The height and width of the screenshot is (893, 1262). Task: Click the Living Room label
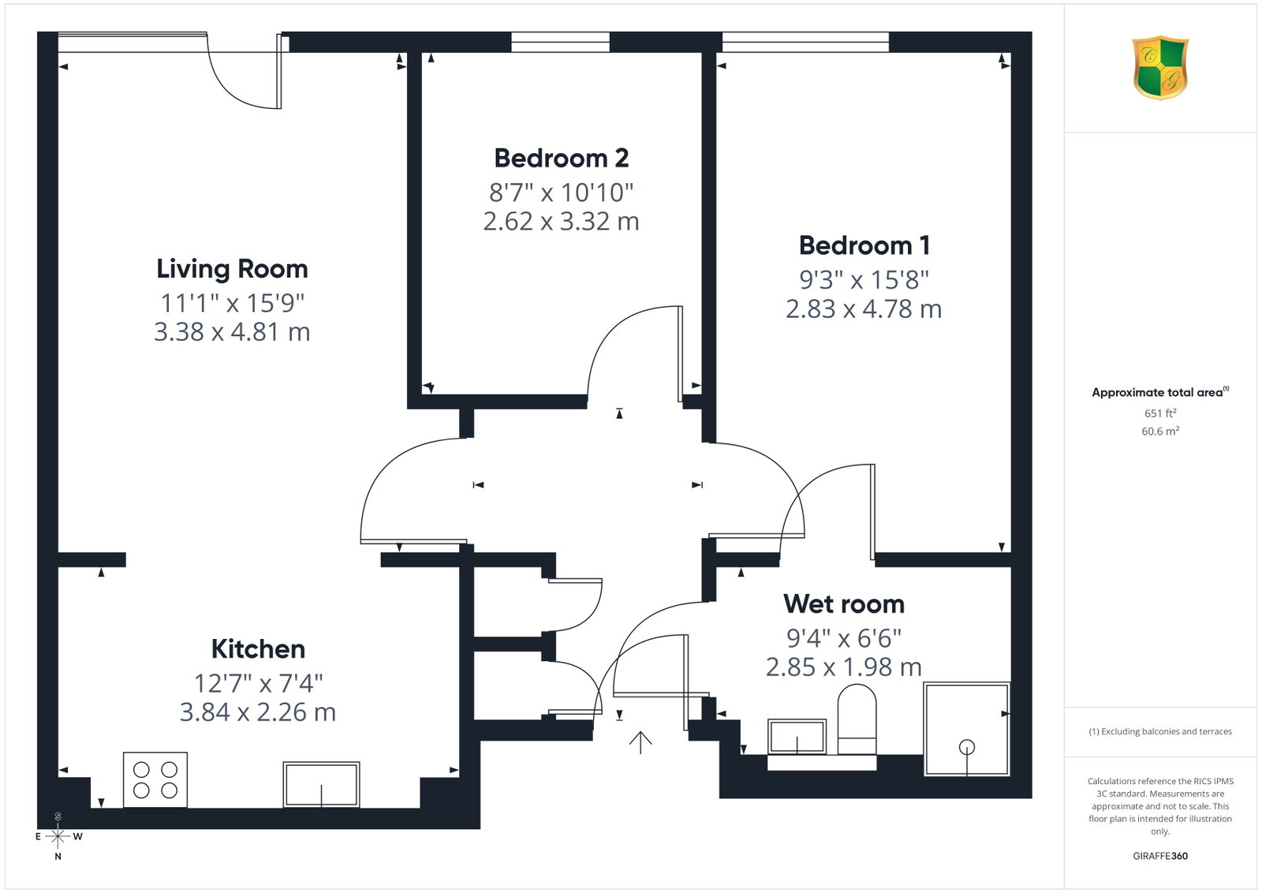pyautogui.click(x=232, y=269)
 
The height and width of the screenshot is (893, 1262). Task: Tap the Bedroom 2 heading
pyautogui.click(x=561, y=159)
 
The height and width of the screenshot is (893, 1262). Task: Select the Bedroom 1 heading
pyautogui.click(x=864, y=245)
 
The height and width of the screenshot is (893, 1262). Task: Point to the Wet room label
pyautogui.click(x=843, y=604)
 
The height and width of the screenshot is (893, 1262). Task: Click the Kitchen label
pyautogui.click(x=258, y=649)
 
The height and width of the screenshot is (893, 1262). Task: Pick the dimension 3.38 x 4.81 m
pyautogui.click(x=232, y=332)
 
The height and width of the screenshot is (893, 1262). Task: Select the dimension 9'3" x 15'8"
pyautogui.click(x=864, y=279)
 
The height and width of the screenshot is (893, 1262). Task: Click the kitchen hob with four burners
pyautogui.click(x=155, y=779)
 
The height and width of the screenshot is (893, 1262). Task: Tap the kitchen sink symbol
pyautogui.click(x=321, y=784)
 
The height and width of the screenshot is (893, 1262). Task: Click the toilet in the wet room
pyautogui.click(x=857, y=719)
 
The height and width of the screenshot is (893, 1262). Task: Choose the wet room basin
pyautogui.click(x=797, y=736)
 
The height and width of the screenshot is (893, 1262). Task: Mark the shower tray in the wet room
pyautogui.click(x=966, y=729)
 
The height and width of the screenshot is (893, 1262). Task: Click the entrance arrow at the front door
pyautogui.click(x=640, y=742)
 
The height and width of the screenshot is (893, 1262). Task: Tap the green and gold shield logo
pyautogui.click(x=1160, y=68)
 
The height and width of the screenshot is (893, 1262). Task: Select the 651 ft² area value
pyautogui.click(x=1160, y=413)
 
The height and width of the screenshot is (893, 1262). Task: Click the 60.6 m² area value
pyautogui.click(x=1160, y=431)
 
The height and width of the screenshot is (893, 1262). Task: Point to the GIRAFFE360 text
pyautogui.click(x=1160, y=856)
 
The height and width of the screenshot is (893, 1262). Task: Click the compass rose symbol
pyautogui.click(x=58, y=837)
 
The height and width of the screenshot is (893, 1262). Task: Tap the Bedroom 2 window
pyautogui.click(x=560, y=43)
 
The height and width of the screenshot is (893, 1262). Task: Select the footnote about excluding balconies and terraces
pyautogui.click(x=1160, y=731)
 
